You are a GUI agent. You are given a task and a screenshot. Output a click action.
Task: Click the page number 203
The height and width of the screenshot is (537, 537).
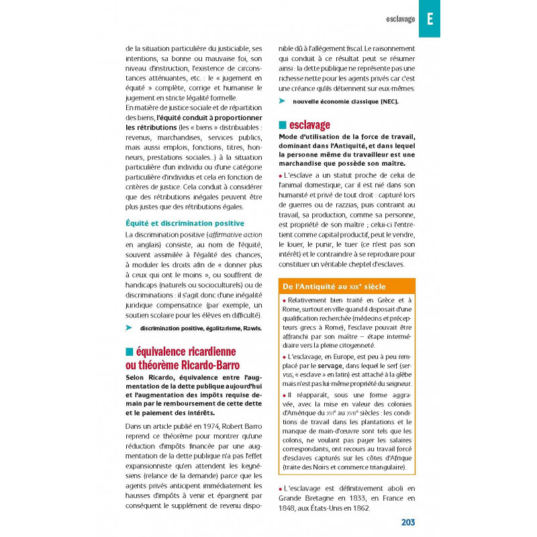[408, 522]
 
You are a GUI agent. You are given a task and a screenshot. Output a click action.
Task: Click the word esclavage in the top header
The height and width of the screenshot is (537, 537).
[401, 19]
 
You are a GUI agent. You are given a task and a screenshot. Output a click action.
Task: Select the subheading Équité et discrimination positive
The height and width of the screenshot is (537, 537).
[185, 223]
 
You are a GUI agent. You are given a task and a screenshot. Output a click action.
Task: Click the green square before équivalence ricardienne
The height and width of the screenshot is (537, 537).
[129, 351]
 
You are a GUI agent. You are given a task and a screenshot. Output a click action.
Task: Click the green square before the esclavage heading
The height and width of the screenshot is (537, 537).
[283, 125]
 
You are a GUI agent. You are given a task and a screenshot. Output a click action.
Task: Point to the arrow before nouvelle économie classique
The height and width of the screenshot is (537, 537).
[282, 101]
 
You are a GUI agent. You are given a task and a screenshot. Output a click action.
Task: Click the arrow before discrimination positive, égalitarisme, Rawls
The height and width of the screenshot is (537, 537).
[130, 328]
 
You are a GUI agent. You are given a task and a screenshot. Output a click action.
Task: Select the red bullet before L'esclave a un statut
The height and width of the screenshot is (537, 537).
[281, 175]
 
